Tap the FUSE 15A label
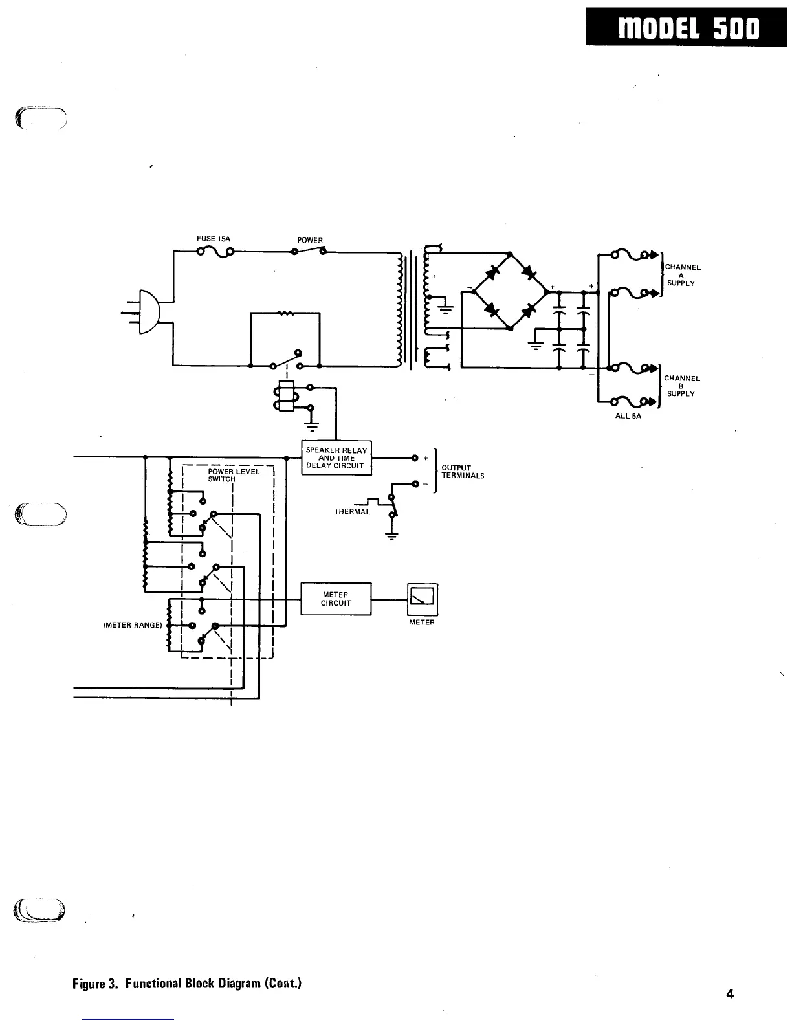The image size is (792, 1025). click(213, 239)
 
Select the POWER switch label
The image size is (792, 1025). click(309, 240)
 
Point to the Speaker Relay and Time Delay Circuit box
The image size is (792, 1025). click(336, 457)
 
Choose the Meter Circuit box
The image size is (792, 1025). click(336, 599)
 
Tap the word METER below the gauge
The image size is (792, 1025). click(422, 623)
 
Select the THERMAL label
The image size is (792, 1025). click(352, 512)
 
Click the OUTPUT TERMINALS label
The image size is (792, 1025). click(462, 472)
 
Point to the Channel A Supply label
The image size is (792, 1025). click(682, 275)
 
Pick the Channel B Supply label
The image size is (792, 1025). click(682, 386)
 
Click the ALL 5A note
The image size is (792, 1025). click(628, 417)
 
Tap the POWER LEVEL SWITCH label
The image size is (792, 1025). click(233, 476)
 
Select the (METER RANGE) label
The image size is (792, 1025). click(133, 626)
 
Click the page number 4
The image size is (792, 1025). click(730, 993)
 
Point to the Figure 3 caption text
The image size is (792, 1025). click(187, 984)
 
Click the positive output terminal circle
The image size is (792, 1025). click(414, 458)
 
